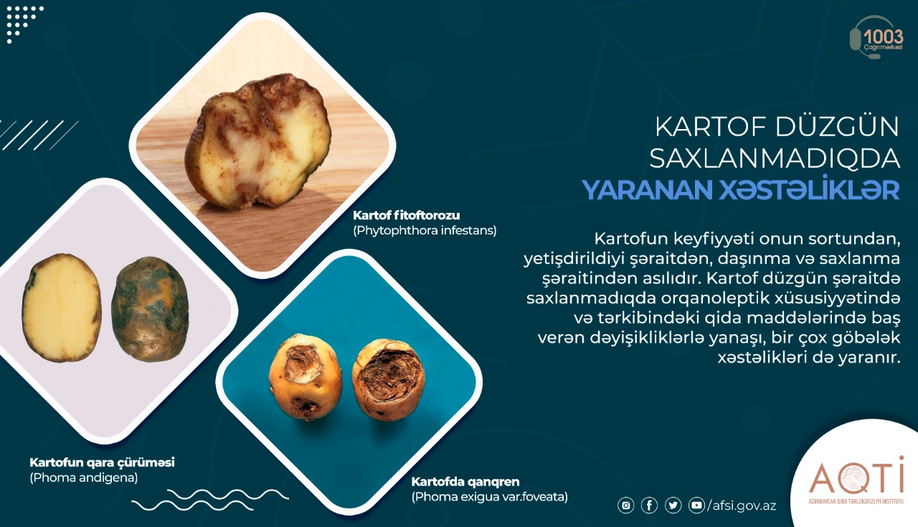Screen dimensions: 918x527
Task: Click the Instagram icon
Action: (x=625, y=505)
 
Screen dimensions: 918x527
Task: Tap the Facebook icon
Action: (x=649, y=505)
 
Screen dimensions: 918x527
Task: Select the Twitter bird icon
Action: (x=673, y=505)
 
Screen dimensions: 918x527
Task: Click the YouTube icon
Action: (x=696, y=505)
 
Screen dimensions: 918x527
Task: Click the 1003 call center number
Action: (x=883, y=37)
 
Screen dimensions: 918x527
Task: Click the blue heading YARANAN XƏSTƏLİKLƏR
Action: (x=741, y=190)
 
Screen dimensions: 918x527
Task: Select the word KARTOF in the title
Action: (x=710, y=127)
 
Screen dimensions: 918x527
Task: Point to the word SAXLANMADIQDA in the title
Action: (x=775, y=158)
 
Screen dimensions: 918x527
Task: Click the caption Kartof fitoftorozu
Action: (x=407, y=215)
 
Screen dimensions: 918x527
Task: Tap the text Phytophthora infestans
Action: (x=425, y=231)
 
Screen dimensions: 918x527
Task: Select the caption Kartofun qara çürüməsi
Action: (x=102, y=462)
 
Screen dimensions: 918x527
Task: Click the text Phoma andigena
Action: (x=84, y=478)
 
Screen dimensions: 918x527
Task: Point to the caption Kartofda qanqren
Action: (x=465, y=482)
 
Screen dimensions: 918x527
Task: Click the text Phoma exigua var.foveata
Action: (x=490, y=497)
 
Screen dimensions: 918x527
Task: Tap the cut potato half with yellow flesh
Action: (x=62, y=308)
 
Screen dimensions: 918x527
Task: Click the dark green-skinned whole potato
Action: (x=150, y=309)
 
